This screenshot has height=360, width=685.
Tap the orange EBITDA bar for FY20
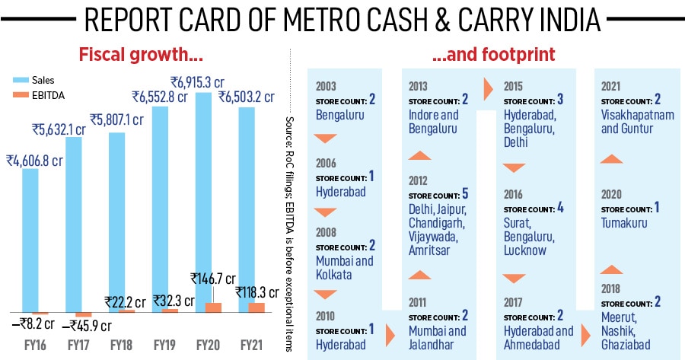pyautogui.click(x=213, y=307)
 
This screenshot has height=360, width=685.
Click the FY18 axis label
pyautogui.click(x=122, y=346)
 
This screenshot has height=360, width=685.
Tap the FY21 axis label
pyautogui.click(x=252, y=346)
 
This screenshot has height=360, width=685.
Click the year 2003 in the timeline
pyautogui.click(x=325, y=86)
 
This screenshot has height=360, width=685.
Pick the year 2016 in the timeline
pyautogui.click(x=514, y=194)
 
